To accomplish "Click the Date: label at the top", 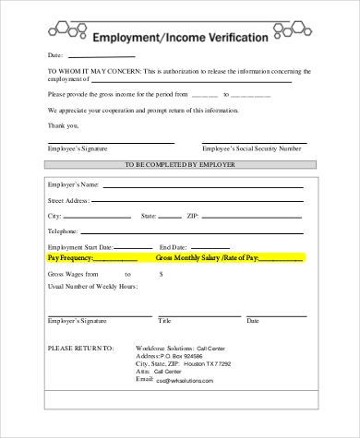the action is click(x=55, y=55).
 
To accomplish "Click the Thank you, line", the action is click(x=62, y=124).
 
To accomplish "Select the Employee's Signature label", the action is click(x=76, y=148).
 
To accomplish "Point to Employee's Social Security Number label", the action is click(x=251, y=148).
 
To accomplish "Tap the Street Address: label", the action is click(x=68, y=200).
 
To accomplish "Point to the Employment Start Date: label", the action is click(x=80, y=247).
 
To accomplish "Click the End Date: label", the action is click(x=174, y=247).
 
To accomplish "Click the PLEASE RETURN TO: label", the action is click(x=80, y=349).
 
